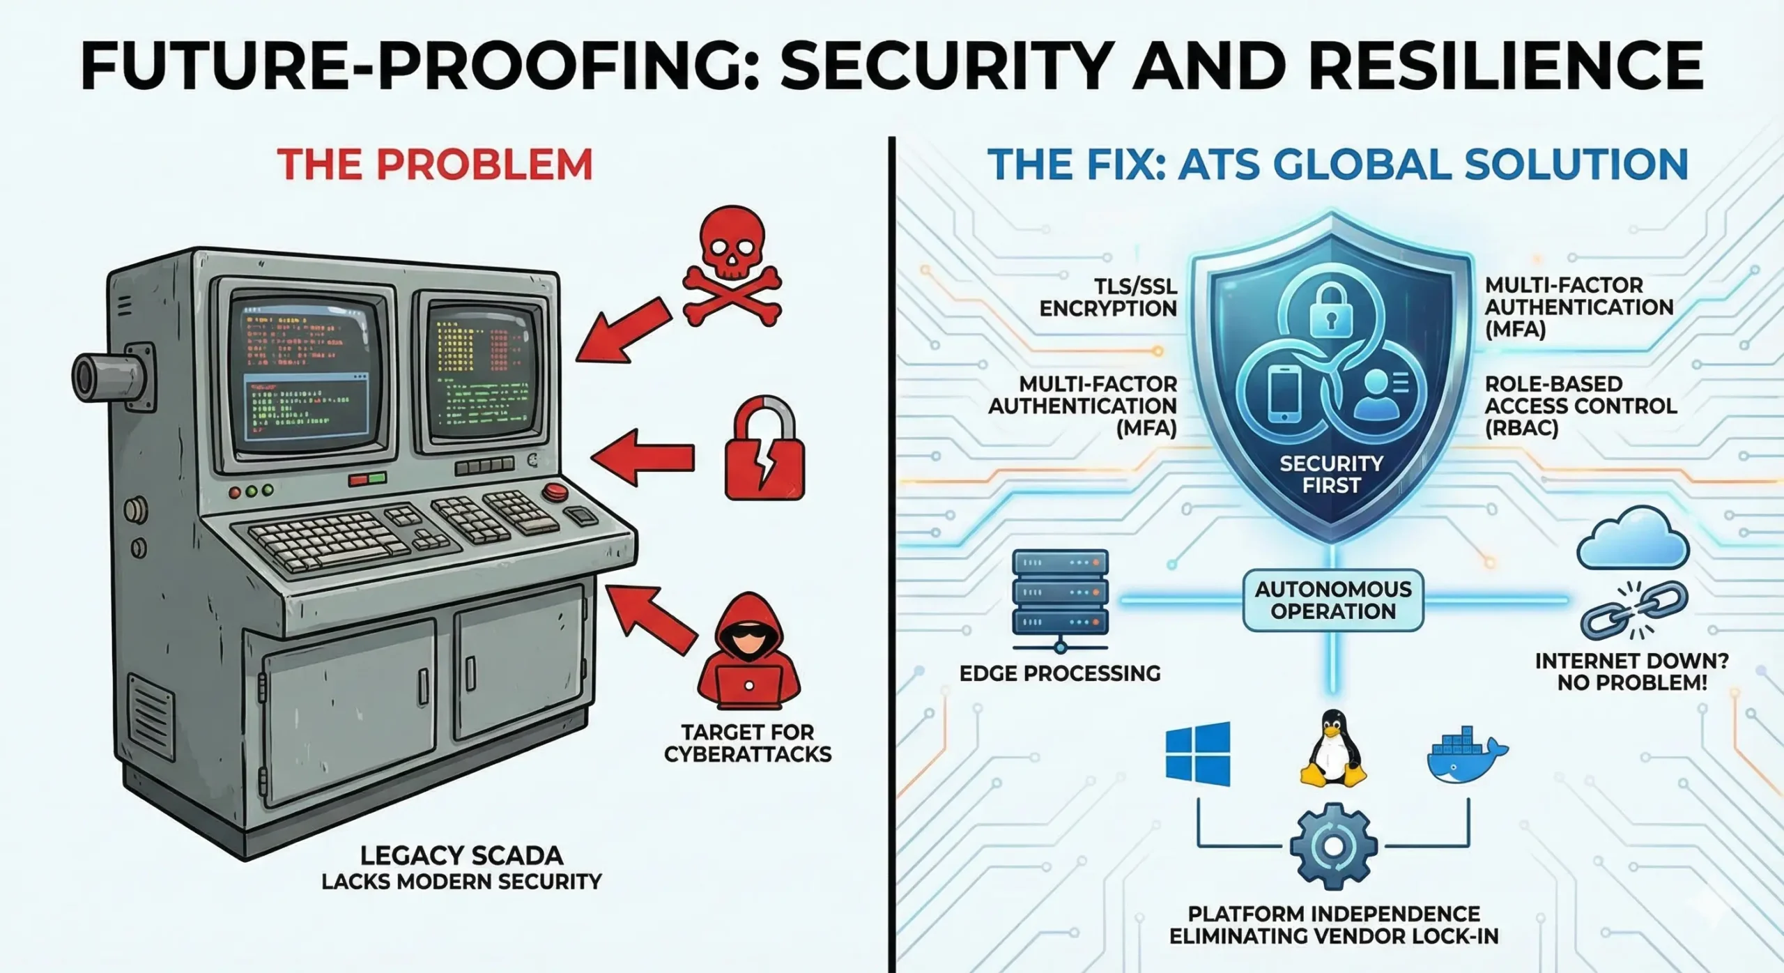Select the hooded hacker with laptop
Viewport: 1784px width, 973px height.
click(748, 652)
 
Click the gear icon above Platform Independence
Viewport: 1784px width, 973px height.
click(1332, 845)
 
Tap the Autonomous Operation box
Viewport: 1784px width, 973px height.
click(1333, 600)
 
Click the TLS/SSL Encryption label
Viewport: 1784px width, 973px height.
click(1108, 297)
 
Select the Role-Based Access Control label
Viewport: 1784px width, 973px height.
click(1581, 406)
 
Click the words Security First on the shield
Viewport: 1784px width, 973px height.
click(1331, 474)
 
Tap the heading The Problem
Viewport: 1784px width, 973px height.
click(435, 164)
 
